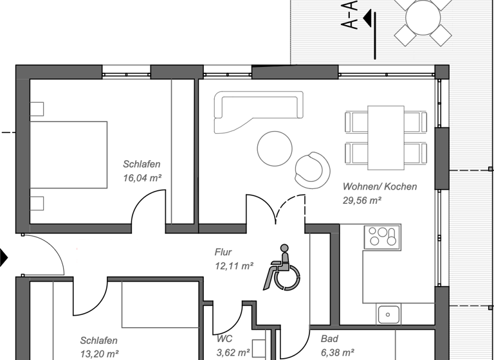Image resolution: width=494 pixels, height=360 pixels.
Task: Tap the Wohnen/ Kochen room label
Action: click(x=380, y=186)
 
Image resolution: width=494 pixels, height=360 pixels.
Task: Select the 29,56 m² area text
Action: click(x=362, y=201)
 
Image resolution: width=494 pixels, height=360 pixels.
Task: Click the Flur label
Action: click(x=223, y=252)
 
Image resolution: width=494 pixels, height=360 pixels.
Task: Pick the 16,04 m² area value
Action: click(x=142, y=177)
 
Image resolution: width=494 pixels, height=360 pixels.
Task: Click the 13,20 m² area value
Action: click(x=100, y=354)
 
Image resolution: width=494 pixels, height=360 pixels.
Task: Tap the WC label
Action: click(x=224, y=338)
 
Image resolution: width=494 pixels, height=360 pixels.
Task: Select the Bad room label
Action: click(x=329, y=338)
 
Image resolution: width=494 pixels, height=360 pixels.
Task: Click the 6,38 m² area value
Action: click(x=337, y=352)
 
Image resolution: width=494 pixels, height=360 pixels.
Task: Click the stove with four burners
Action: click(x=382, y=237)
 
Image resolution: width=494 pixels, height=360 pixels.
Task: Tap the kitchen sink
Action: click(x=389, y=314)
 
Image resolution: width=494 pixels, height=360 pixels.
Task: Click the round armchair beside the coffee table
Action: click(x=311, y=168)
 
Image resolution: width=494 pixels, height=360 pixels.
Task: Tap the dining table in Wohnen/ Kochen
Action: click(x=386, y=136)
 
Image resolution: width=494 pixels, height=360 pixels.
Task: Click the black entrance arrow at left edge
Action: click(x=3, y=258)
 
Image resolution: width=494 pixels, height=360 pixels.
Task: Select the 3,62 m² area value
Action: click(x=233, y=352)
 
